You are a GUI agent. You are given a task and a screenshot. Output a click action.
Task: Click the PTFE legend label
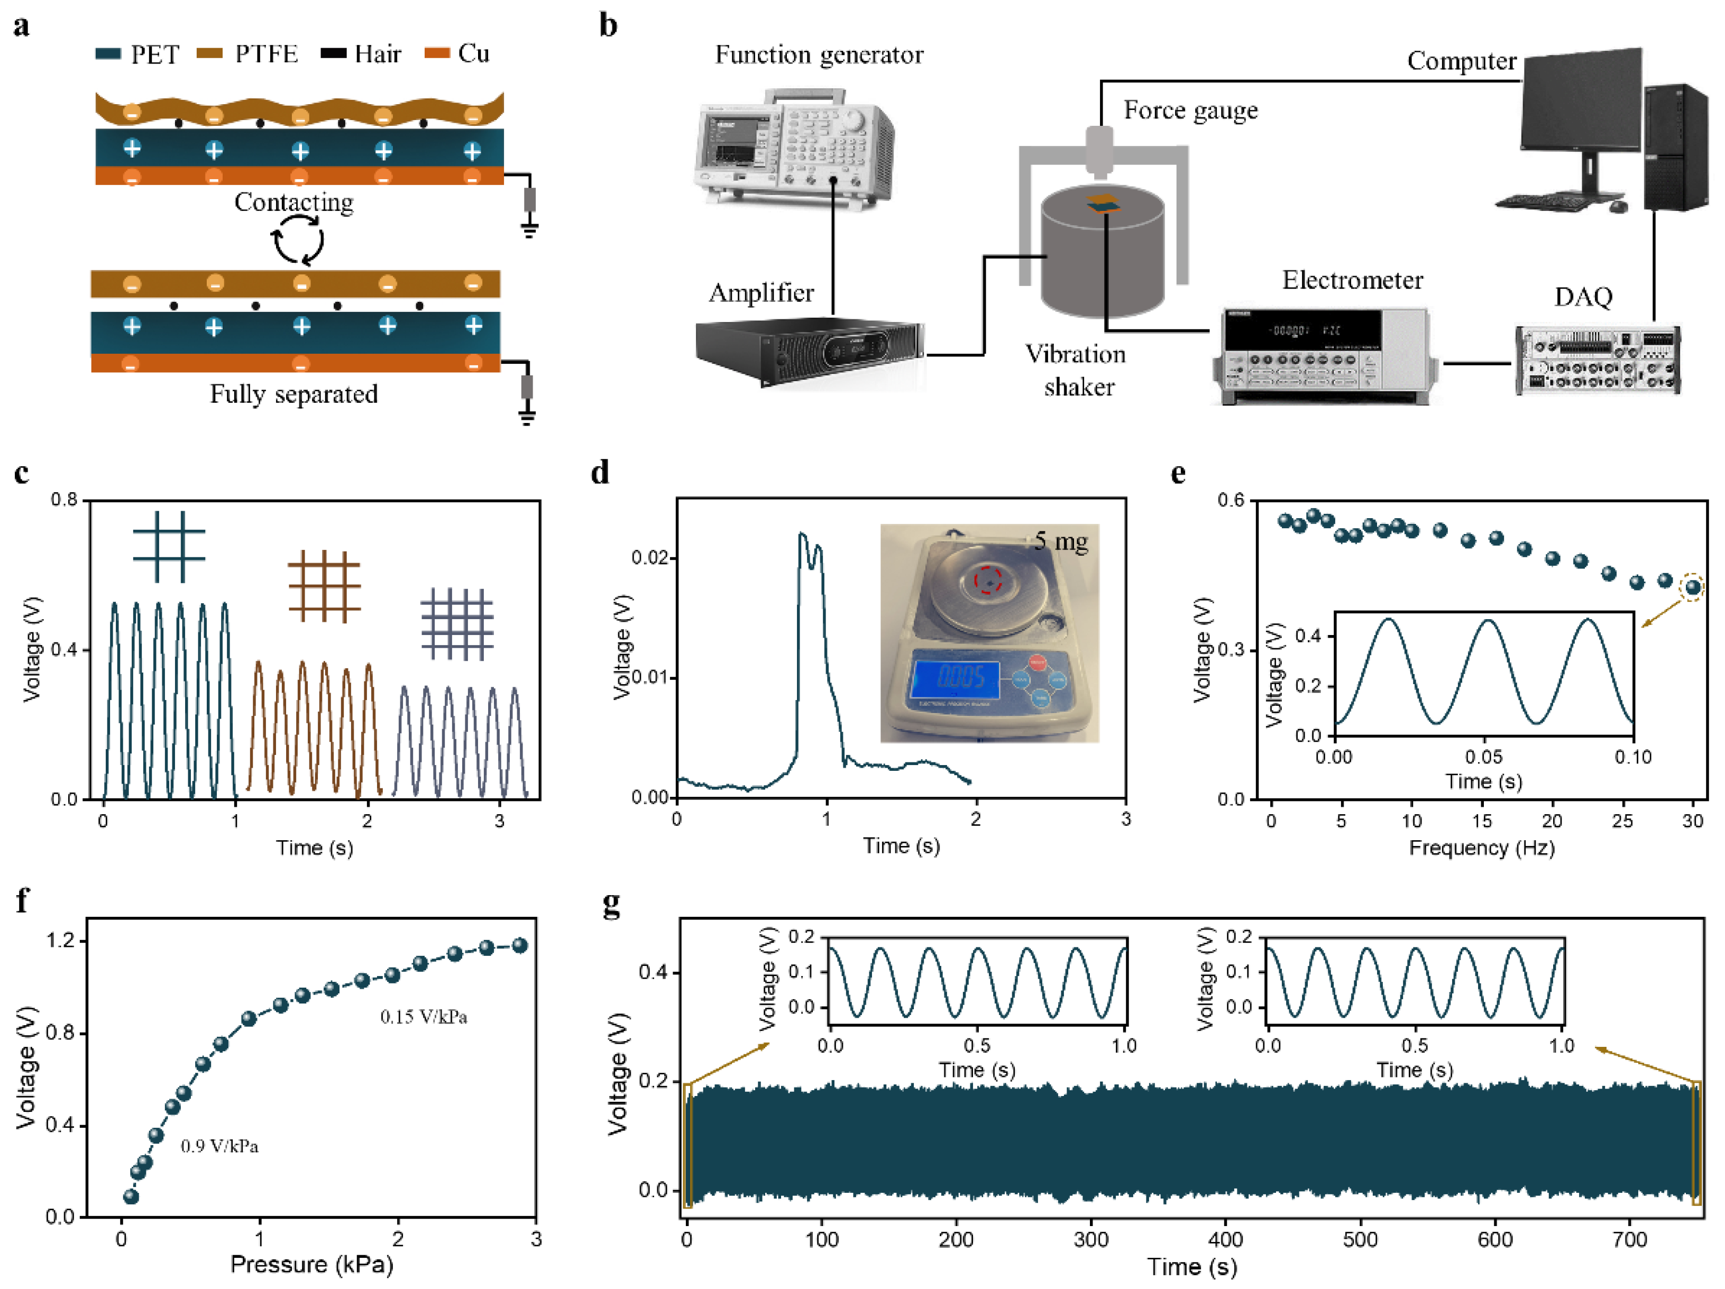click(x=266, y=54)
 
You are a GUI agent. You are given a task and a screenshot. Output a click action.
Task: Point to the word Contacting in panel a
click(x=294, y=202)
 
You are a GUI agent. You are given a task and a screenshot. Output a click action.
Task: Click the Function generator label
click(x=819, y=54)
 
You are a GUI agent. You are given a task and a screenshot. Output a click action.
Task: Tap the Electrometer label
click(x=1352, y=280)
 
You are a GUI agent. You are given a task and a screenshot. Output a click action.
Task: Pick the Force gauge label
click(x=1190, y=111)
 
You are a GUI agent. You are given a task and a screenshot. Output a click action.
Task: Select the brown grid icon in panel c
click(x=324, y=586)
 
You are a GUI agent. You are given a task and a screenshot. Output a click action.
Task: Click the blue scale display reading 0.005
click(x=956, y=678)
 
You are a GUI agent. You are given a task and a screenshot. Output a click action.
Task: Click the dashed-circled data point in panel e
click(x=1692, y=587)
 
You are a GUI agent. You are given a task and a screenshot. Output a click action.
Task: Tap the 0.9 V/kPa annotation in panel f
click(x=219, y=1146)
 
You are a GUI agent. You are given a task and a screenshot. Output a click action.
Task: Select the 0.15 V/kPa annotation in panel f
click(x=424, y=1017)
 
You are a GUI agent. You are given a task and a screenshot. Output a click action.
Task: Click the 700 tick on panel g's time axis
click(x=1629, y=1240)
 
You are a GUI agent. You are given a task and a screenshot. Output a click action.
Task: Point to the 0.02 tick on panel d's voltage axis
click(x=649, y=558)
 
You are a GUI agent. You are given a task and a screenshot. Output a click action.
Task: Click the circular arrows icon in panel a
click(x=298, y=240)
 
